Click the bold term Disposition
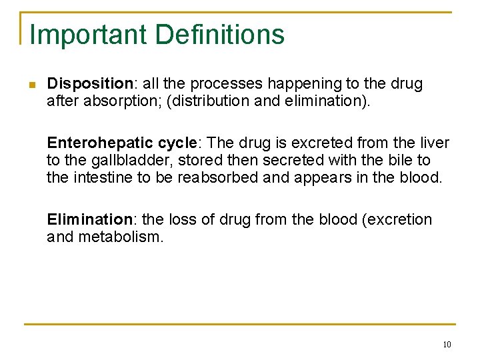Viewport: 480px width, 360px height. [90, 84]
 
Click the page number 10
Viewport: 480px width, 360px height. [446, 345]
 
